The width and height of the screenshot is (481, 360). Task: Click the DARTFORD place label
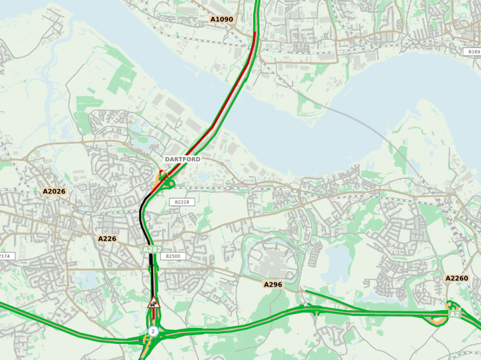(x=182, y=160)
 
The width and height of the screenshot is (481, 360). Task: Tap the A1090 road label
(x=221, y=19)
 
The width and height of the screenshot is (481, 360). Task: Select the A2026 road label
(x=54, y=192)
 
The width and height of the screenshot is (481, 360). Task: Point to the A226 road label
(x=107, y=239)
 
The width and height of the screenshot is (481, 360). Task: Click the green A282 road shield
(x=152, y=249)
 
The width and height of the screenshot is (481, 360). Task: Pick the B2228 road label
(x=182, y=202)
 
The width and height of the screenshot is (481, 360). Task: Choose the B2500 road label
(x=173, y=256)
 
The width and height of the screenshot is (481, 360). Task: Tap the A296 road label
(x=273, y=284)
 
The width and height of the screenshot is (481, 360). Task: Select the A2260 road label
(x=456, y=278)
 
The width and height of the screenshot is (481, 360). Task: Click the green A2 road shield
(x=454, y=314)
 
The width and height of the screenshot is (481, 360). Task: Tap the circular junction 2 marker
(x=153, y=332)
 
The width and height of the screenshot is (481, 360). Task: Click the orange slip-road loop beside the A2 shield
(x=437, y=321)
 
